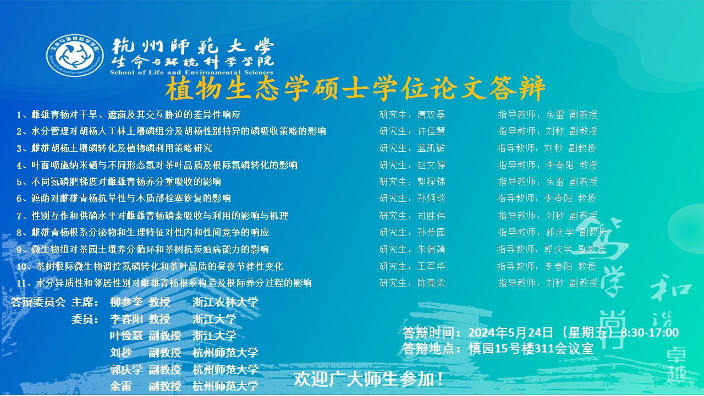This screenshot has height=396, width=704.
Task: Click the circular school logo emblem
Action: pyautogui.click(x=75, y=56)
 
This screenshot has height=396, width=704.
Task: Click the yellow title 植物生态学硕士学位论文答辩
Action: pyautogui.click(x=355, y=89)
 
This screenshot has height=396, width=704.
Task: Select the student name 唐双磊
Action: pyautogui.click(x=431, y=115)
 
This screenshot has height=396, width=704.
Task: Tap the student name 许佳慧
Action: pyautogui.click(x=431, y=131)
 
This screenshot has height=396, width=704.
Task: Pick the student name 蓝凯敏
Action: pyautogui.click(x=431, y=148)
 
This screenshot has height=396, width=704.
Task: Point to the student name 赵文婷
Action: pyautogui.click(x=431, y=165)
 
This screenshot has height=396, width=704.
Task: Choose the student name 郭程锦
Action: pyautogui.click(x=431, y=182)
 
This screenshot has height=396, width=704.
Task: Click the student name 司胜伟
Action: pyautogui.click(x=431, y=216)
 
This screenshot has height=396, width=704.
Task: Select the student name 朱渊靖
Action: pyautogui.click(x=431, y=250)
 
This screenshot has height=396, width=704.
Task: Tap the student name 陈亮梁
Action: pyautogui.click(x=431, y=283)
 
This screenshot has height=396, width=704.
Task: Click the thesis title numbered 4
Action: pyautogui.click(x=157, y=166)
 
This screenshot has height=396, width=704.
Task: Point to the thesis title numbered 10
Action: pyautogui.click(x=150, y=267)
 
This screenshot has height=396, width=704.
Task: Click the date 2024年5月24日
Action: pyautogui.click(x=511, y=333)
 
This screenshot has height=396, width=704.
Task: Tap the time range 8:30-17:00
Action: pyautogui.click(x=650, y=333)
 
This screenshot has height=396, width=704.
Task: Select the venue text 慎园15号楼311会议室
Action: pyautogui.click(x=531, y=349)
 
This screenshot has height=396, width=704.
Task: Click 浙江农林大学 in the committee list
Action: pyautogui.click(x=226, y=302)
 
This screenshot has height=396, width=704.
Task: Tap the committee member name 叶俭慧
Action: pyautogui.click(x=127, y=336)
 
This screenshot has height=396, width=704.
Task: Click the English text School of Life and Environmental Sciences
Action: pyautogui.click(x=191, y=73)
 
